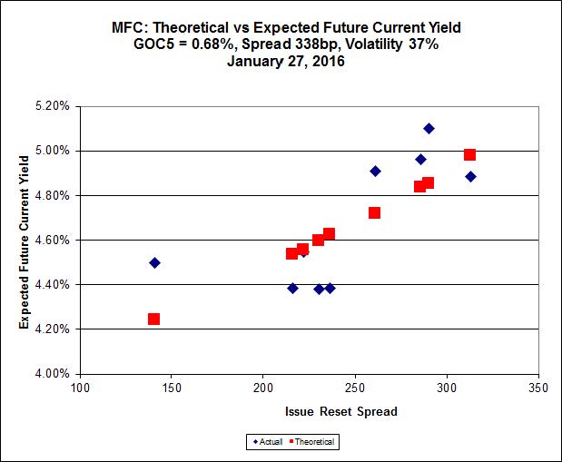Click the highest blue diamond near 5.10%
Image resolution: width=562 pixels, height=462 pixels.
point(429,128)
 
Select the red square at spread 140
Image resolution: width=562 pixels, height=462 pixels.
point(153,319)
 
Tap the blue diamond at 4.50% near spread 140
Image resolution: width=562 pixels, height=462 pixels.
point(154,262)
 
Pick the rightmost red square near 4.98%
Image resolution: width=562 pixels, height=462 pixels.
point(469,154)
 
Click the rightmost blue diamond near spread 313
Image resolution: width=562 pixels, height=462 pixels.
point(470,176)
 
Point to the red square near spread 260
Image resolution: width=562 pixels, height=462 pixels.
point(374,212)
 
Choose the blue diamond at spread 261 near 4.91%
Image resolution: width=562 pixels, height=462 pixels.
point(375,171)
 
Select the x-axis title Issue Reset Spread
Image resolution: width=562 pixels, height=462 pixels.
point(340,411)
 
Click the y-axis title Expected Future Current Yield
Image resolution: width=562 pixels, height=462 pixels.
point(25,240)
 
